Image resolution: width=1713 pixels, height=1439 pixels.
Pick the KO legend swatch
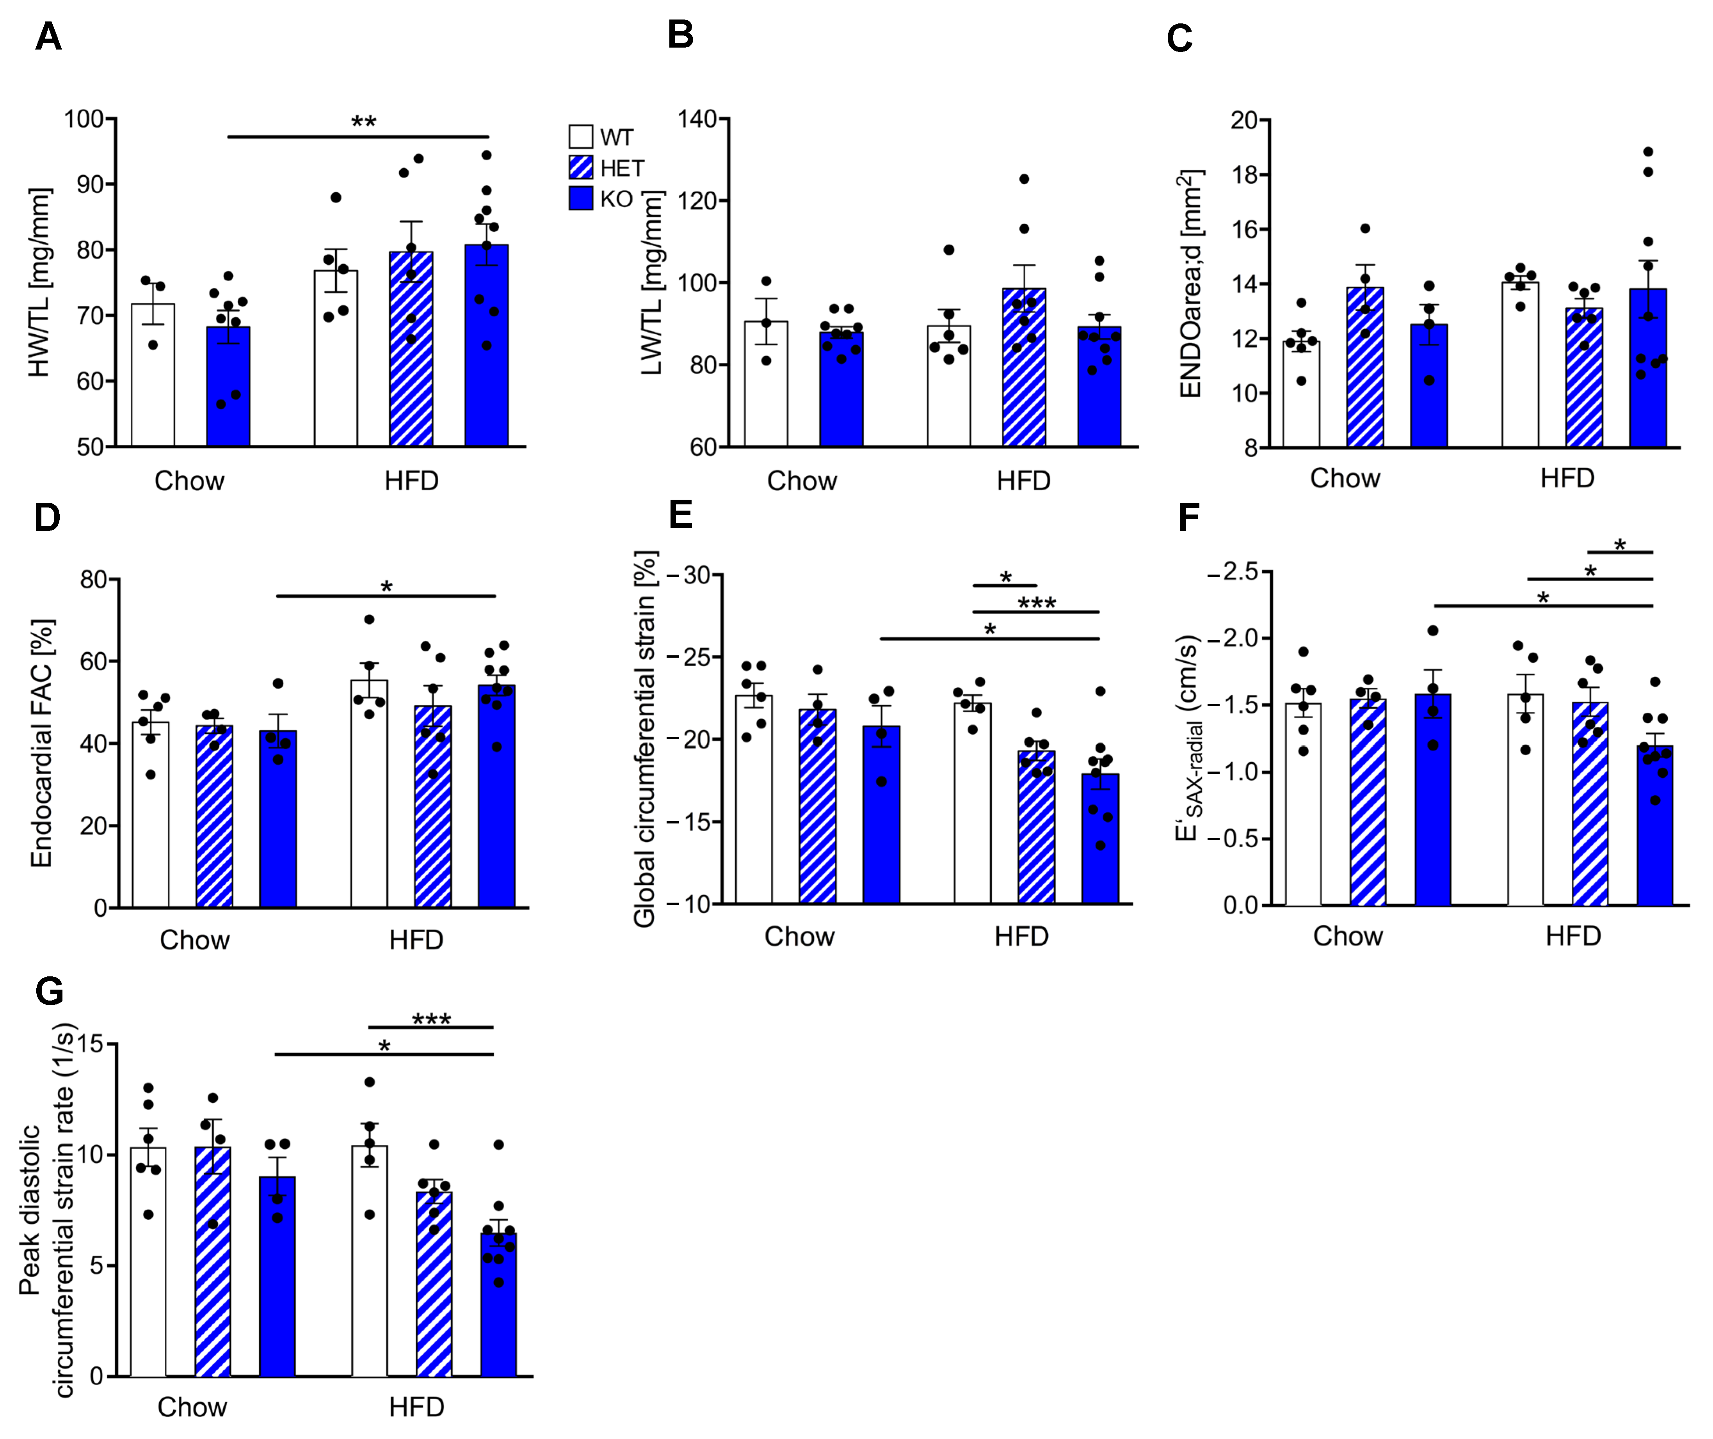tap(580, 198)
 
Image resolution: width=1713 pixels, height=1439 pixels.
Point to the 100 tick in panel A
tap(84, 119)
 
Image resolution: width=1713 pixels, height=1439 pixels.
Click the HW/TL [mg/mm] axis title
tap(39, 283)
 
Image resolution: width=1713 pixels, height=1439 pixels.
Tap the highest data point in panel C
tap(1648, 152)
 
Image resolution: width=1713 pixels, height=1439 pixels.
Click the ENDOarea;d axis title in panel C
tap(1190, 283)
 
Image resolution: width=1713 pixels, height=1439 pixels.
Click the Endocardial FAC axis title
tap(41, 743)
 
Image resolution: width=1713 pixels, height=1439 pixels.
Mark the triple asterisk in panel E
tap(1037, 603)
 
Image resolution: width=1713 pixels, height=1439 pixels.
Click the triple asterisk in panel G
tap(431, 1019)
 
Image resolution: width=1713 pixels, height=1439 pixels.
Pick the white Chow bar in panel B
tap(765, 383)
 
